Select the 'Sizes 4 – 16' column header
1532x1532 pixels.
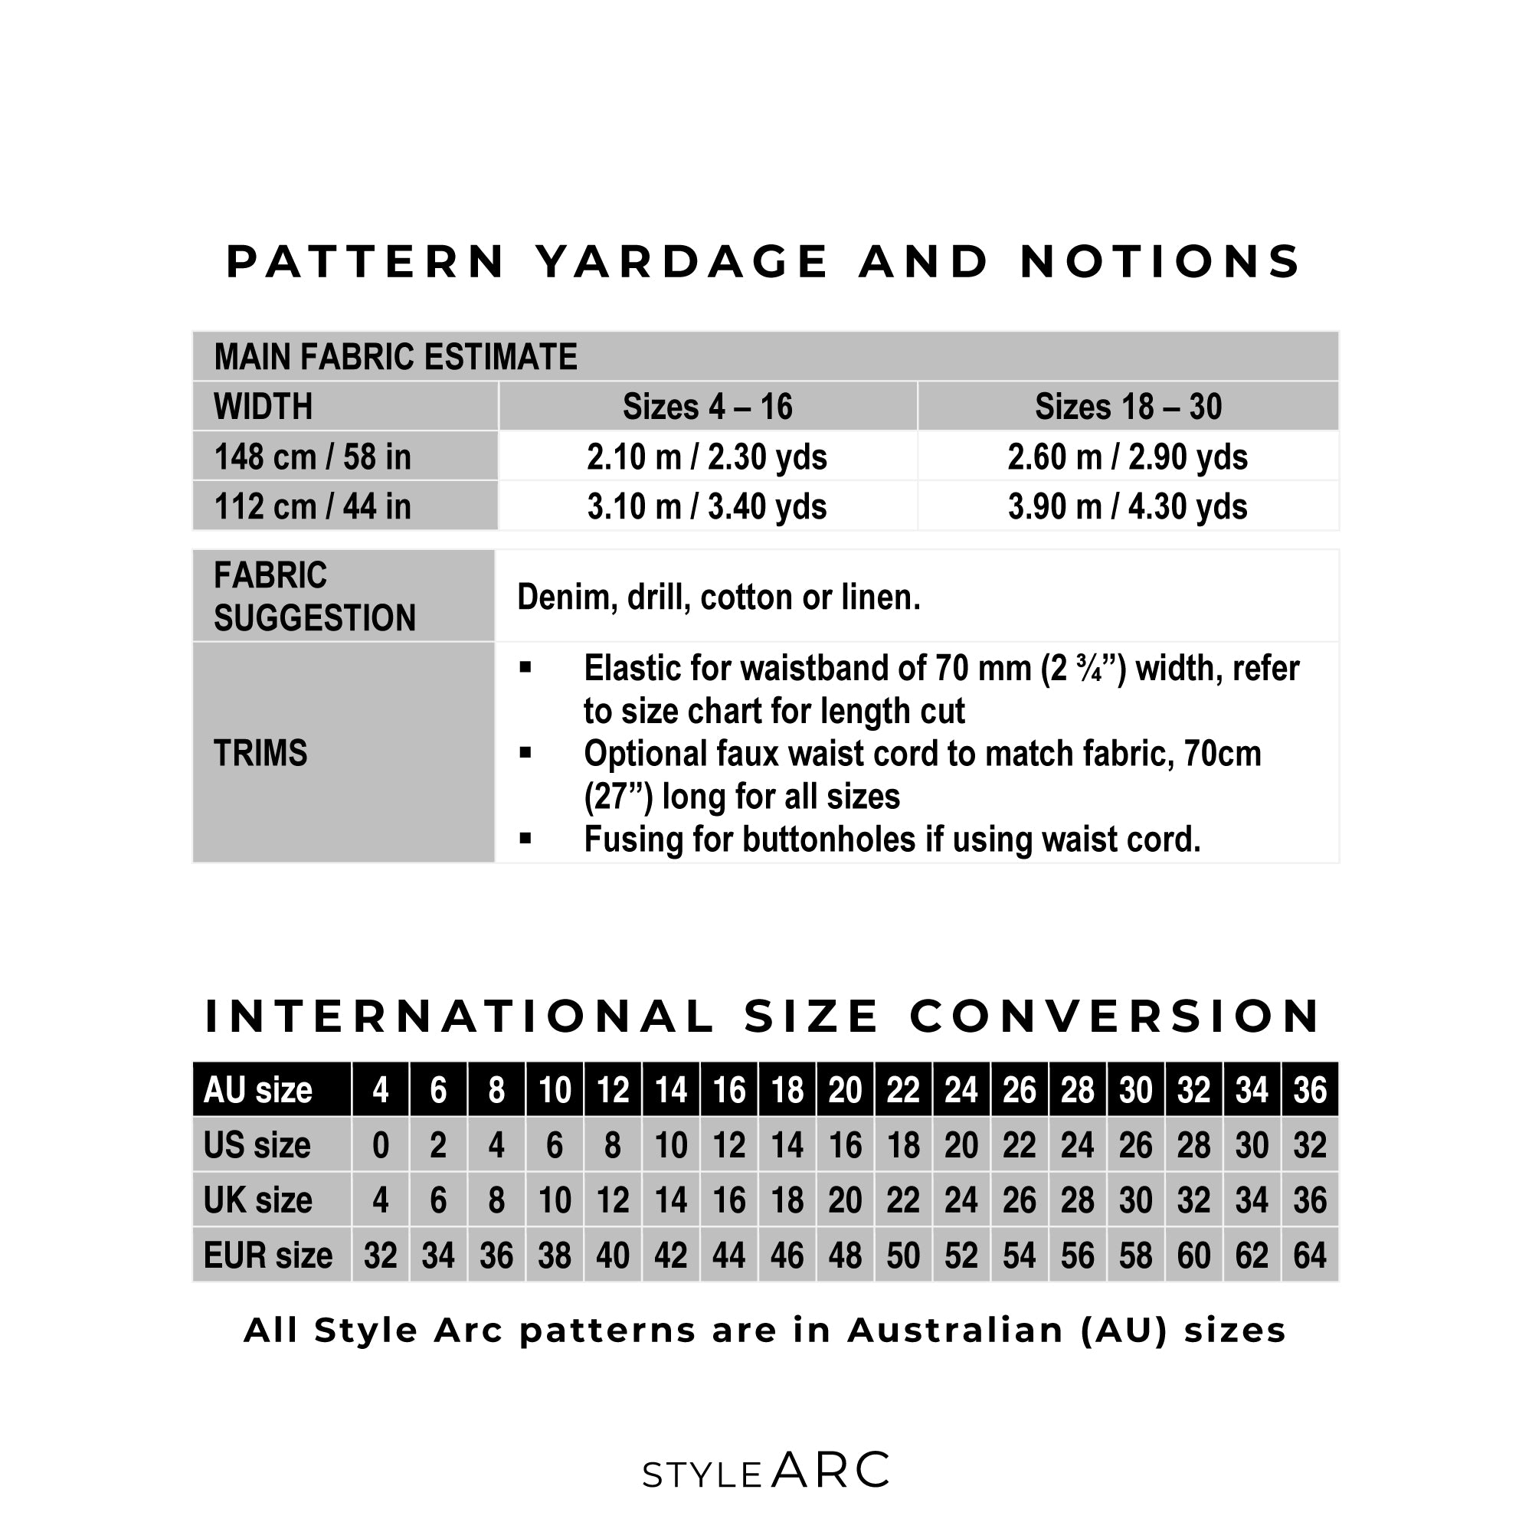[x=706, y=407]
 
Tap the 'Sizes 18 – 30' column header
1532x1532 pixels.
[x=1128, y=407]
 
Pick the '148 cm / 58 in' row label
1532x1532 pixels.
[x=313, y=457]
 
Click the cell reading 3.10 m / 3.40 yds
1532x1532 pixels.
[x=706, y=506]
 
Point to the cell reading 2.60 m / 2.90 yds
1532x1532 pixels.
[x=1128, y=457]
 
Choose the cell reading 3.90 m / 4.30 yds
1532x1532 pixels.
[x=1128, y=506]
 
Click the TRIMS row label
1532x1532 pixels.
[x=260, y=753]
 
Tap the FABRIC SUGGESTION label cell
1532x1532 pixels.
[x=314, y=596]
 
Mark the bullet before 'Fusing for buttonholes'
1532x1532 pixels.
[x=525, y=837]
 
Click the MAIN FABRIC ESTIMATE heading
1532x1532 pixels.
[x=395, y=357]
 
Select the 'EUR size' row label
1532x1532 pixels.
[x=268, y=1256]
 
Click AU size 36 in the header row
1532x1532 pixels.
[x=1310, y=1090]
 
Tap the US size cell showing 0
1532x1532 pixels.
[x=381, y=1146]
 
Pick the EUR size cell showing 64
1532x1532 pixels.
[x=1310, y=1256]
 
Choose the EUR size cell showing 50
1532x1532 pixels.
[x=903, y=1256]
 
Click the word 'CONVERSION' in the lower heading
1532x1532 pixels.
[x=1114, y=1016]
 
